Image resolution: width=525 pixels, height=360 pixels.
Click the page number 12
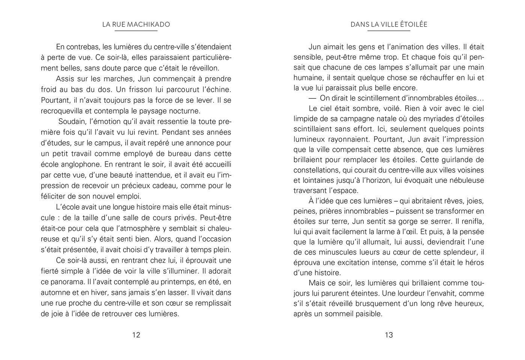tap(136, 335)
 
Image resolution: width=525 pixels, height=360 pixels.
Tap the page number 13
tap(389, 335)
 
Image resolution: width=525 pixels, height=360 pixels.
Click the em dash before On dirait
tap(313, 98)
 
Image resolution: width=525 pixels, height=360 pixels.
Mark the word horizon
tap(375, 180)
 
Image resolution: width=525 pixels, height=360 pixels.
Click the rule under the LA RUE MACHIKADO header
tap(136, 31)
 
